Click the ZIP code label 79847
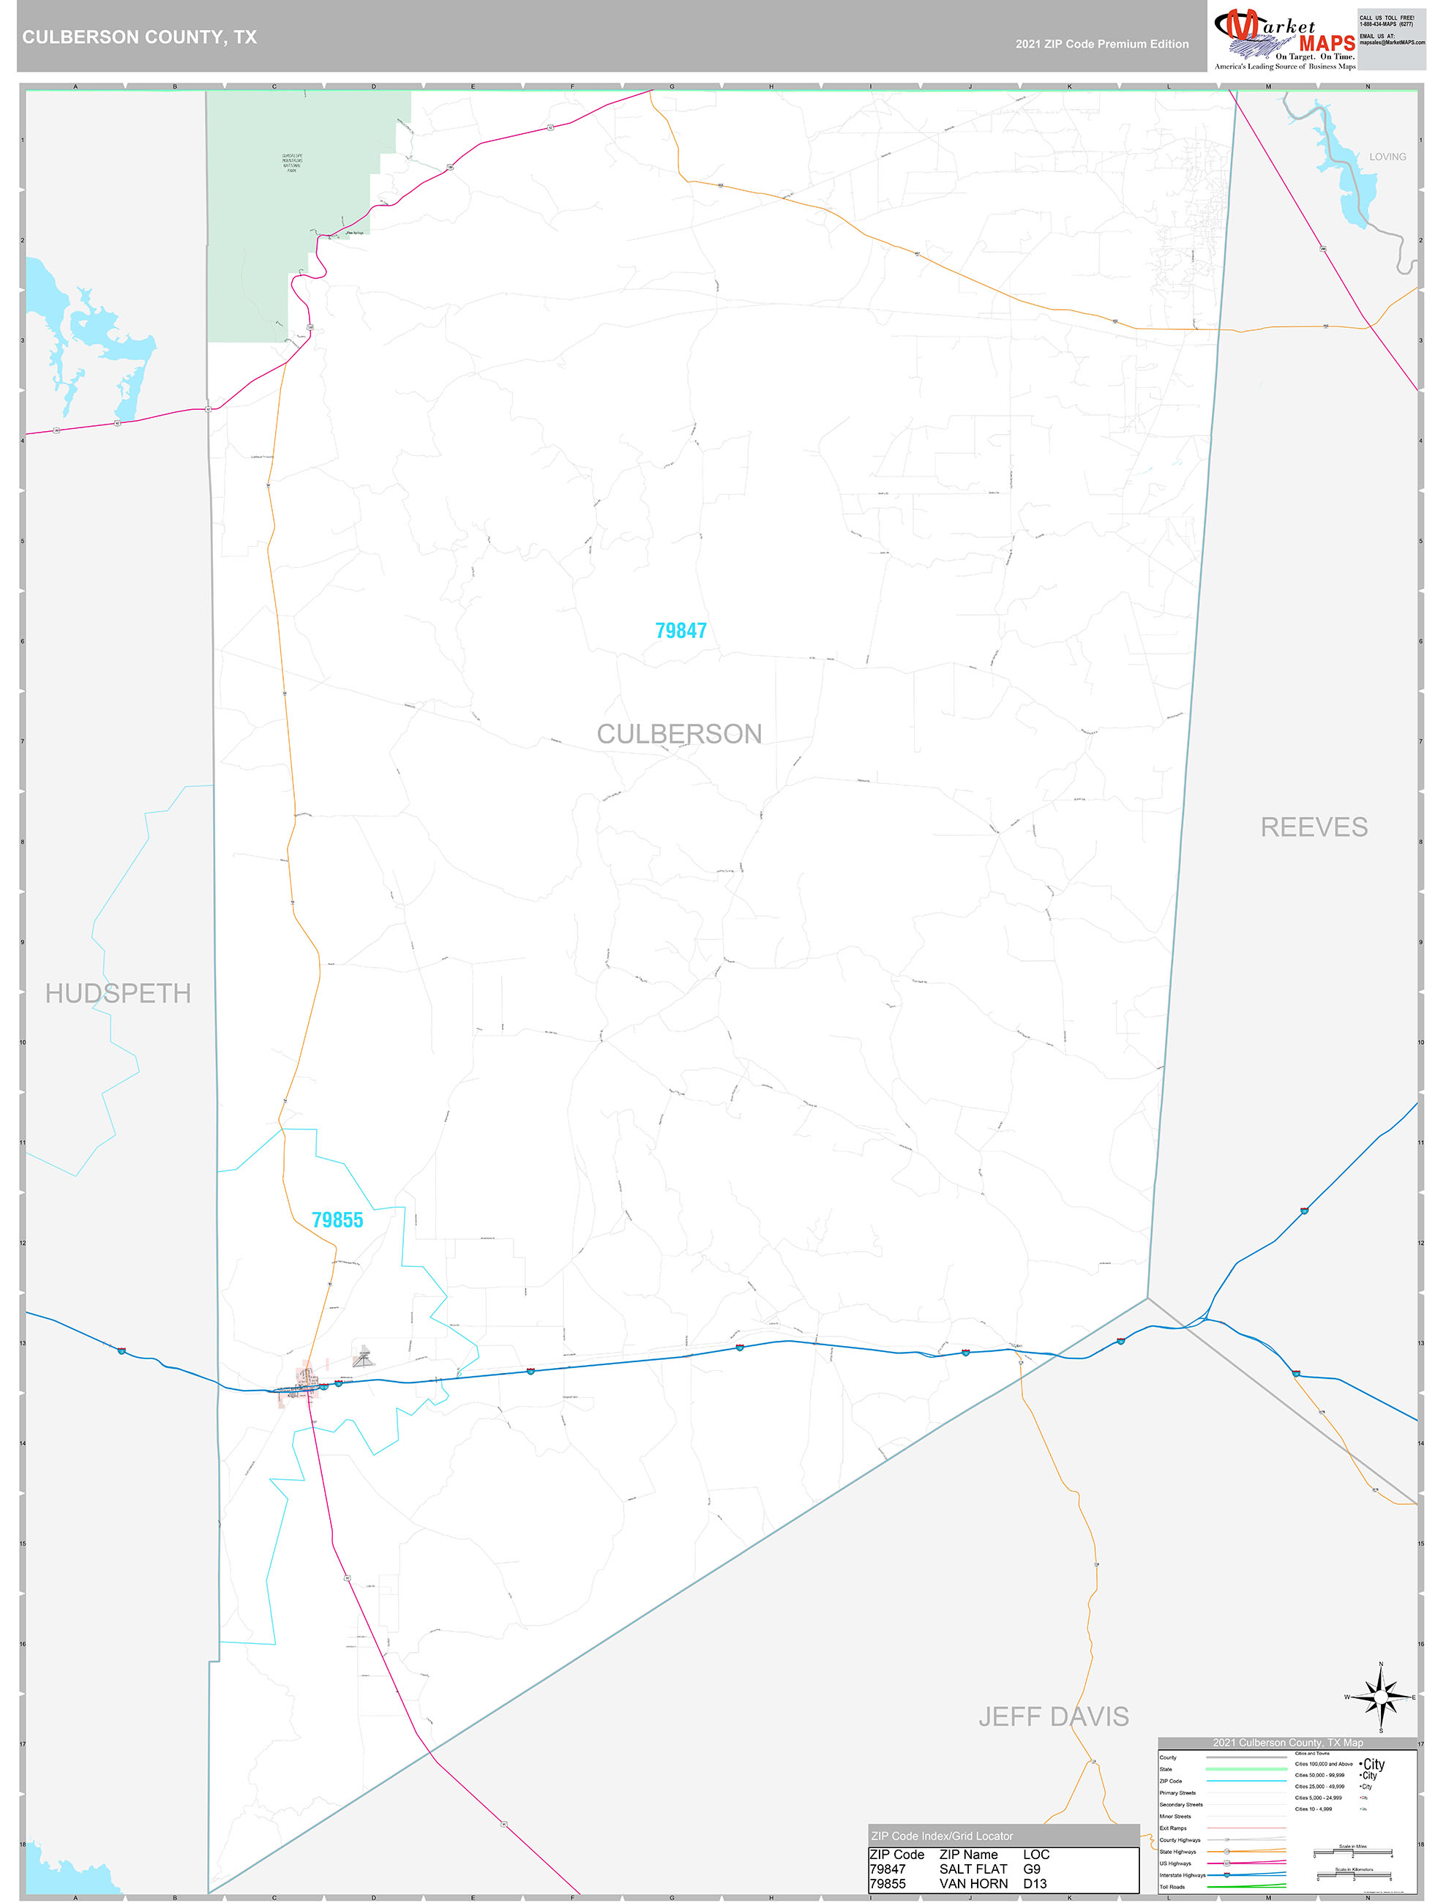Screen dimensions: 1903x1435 tap(681, 631)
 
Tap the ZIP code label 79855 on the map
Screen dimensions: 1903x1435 tap(337, 1219)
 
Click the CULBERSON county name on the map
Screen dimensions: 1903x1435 tap(679, 734)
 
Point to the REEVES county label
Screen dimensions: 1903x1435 tap(1313, 827)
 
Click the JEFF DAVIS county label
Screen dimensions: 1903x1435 tap(1053, 1716)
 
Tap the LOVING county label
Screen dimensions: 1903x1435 tap(1387, 157)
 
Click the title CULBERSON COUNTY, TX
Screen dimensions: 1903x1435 tap(139, 37)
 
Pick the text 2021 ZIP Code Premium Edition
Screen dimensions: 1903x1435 tap(1101, 44)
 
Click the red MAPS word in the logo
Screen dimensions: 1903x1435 tap(1327, 43)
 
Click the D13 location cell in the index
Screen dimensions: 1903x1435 tap(1034, 1883)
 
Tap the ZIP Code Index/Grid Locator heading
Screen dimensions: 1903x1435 tap(941, 1836)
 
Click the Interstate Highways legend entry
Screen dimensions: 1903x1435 tap(1182, 1874)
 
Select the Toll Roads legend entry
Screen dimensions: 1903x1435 tap(1172, 1887)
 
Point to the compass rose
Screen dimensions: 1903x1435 tap(1380, 1697)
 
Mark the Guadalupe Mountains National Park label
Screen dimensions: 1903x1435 tap(292, 162)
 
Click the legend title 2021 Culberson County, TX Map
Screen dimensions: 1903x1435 tap(1287, 1742)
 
